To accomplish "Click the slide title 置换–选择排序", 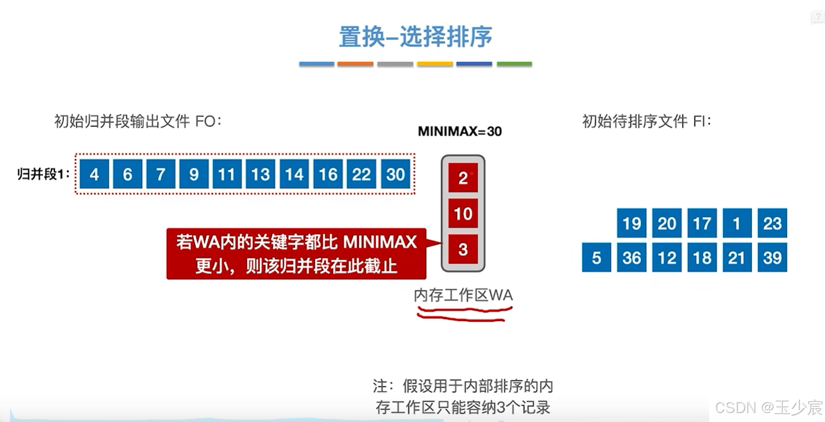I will (x=415, y=37).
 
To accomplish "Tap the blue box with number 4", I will (x=94, y=174).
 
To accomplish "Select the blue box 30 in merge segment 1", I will (x=395, y=174).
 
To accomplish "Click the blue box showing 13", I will (x=260, y=174).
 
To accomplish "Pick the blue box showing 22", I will (x=361, y=174).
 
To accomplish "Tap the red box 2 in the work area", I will (x=463, y=178).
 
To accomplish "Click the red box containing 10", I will (x=463, y=214).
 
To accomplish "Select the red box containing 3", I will (x=463, y=249).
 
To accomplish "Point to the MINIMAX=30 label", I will (x=459, y=132).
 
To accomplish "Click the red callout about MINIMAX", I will (x=296, y=254).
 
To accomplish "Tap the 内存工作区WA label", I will (x=463, y=295).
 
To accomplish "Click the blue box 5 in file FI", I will (x=596, y=258).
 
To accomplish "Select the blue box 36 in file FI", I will (x=632, y=258).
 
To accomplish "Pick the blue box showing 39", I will (x=772, y=258).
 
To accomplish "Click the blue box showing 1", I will (x=737, y=223).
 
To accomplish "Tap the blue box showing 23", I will (x=772, y=223).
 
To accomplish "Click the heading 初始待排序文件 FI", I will (x=647, y=122).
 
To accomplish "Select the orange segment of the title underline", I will (x=355, y=64).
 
